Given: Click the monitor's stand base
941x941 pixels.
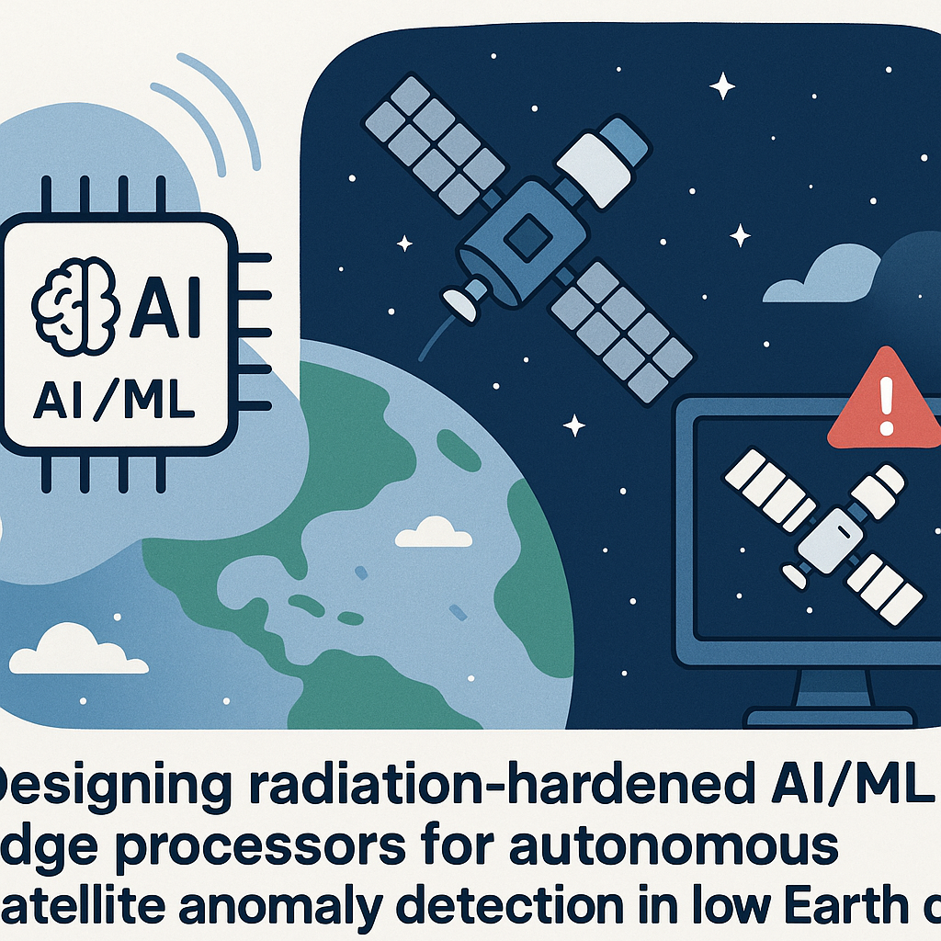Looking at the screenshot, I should [x=832, y=715].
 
